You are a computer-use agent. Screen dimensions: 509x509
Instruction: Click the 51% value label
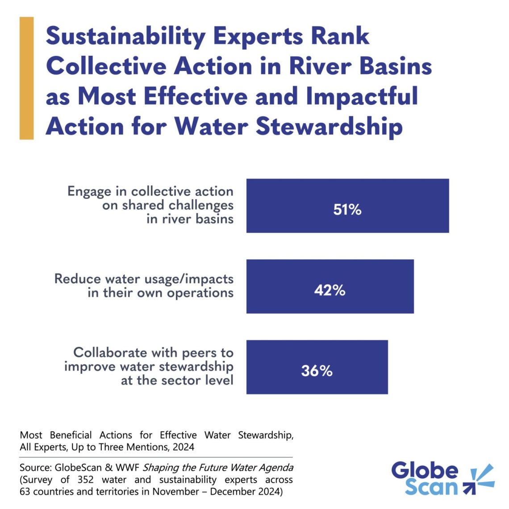347,209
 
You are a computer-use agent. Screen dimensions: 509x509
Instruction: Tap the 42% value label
330,290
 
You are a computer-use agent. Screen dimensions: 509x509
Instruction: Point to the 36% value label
317,371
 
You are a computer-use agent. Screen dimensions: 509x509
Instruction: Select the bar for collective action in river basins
402,196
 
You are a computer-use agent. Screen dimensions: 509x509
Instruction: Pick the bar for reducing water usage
380,277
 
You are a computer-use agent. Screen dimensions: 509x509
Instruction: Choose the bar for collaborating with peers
357,357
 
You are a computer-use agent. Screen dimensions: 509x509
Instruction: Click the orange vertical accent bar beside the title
26,78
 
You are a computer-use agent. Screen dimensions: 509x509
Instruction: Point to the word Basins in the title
396,67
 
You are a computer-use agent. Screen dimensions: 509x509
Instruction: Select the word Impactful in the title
362,96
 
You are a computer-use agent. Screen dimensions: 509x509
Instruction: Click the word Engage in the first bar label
89,192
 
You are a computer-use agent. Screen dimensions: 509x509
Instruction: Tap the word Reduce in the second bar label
77,279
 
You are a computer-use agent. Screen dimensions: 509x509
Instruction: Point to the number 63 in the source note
25,492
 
